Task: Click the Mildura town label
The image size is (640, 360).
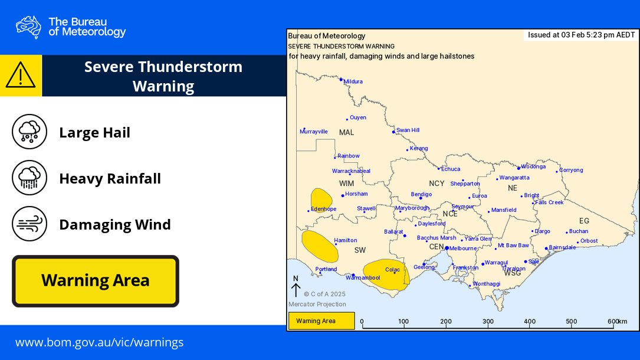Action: (353, 81)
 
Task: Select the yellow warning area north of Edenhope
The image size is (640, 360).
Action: (321, 199)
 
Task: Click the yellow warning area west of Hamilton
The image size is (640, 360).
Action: (319, 246)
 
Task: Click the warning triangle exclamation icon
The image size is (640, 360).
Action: (21, 76)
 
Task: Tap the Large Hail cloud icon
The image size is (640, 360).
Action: (29, 132)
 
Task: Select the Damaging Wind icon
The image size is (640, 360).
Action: (29, 224)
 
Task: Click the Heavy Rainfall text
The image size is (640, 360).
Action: (110, 178)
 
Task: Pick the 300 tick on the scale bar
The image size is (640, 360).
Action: (488, 322)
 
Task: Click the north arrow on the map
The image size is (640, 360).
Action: (296, 287)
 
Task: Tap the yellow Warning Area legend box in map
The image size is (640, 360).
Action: (321, 321)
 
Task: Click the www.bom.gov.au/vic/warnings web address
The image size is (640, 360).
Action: (99, 342)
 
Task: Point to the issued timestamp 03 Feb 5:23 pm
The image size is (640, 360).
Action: (581, 35)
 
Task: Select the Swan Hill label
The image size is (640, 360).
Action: (408, 130)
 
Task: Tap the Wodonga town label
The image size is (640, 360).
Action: (533, 166)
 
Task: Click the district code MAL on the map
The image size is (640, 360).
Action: (346, 132)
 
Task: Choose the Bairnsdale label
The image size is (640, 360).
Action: (562, 247)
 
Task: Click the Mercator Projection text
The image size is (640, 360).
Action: (317, 305)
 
